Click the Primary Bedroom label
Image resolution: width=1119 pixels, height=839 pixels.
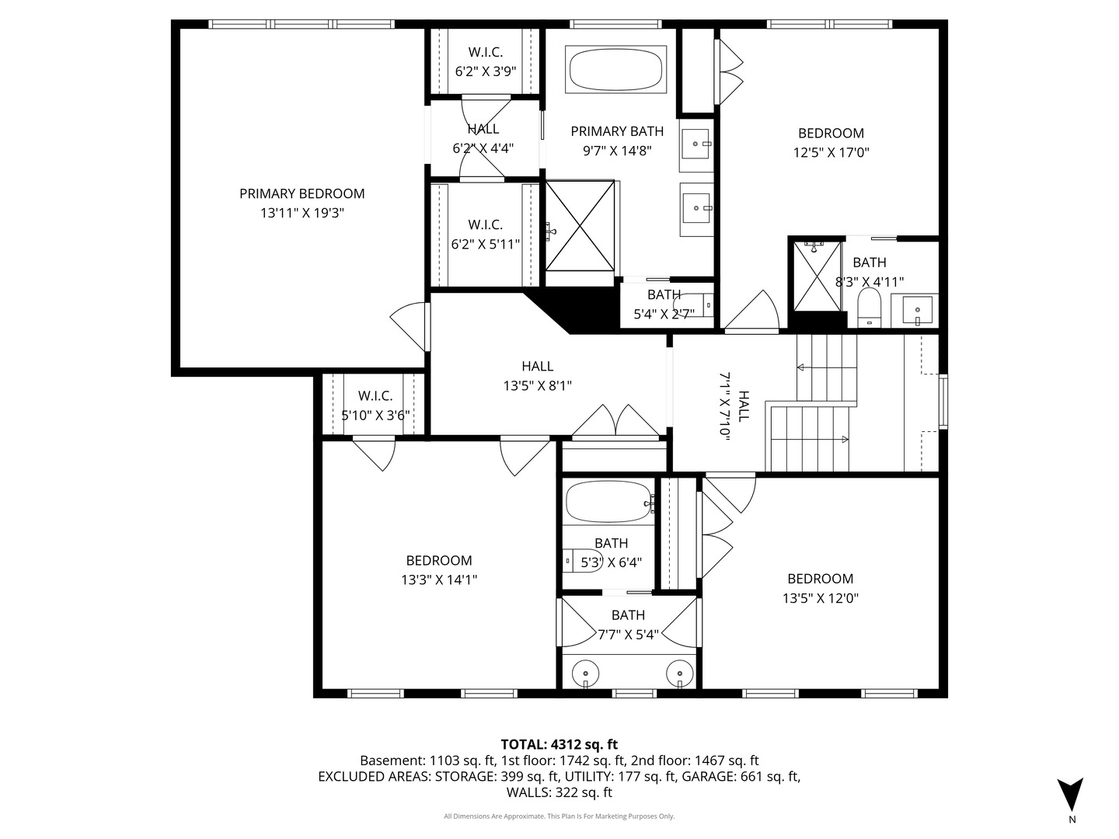pos(302,193)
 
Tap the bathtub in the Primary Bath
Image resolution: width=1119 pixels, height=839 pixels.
pos(616,70)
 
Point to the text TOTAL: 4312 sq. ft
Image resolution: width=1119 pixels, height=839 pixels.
pos(559,744)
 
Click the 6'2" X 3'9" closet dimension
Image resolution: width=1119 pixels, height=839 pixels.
pos(486,71)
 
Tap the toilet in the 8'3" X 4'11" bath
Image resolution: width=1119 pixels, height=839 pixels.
pos(869,308)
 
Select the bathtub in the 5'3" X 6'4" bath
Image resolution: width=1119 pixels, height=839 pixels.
pos(608,502)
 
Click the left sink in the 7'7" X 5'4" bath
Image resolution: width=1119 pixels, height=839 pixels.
pos(584,672)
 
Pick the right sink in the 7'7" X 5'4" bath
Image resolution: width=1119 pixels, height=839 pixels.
pos(679,672)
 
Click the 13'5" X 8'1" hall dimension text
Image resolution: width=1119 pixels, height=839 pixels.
pos(538,385)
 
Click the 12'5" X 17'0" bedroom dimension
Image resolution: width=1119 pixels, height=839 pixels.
pos(831,153)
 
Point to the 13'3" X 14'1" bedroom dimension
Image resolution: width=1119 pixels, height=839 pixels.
pos(439,580)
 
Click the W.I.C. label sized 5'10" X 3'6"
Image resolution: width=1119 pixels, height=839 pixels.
pos(375,396)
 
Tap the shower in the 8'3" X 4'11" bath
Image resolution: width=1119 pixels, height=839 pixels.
pos(815,276)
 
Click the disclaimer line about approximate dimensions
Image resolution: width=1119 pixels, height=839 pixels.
pos(559,816)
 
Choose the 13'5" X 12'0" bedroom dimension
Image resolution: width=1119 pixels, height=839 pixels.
pos(820,598)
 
